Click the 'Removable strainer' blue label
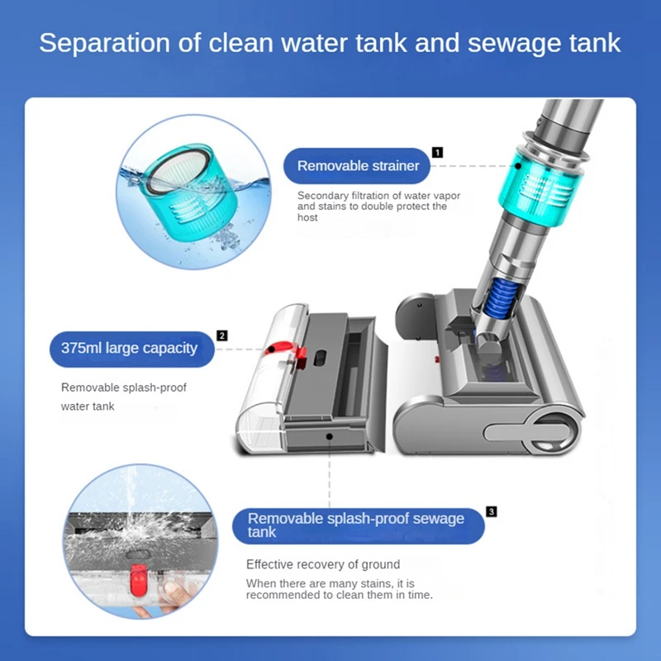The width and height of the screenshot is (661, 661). pos(358,166)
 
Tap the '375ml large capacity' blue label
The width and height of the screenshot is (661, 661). pos(129,348)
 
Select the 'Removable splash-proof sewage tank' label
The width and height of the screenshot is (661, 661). pos(357,525)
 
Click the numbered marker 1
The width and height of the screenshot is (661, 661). pos(437,152)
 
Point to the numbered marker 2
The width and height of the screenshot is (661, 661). pos(221,335)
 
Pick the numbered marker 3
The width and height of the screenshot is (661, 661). pos(491,512)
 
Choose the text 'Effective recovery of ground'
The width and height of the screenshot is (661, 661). pos(323,564)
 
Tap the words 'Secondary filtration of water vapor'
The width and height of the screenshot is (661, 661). pos(378,196)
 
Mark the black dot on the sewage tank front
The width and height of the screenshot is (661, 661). pos(329,434)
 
